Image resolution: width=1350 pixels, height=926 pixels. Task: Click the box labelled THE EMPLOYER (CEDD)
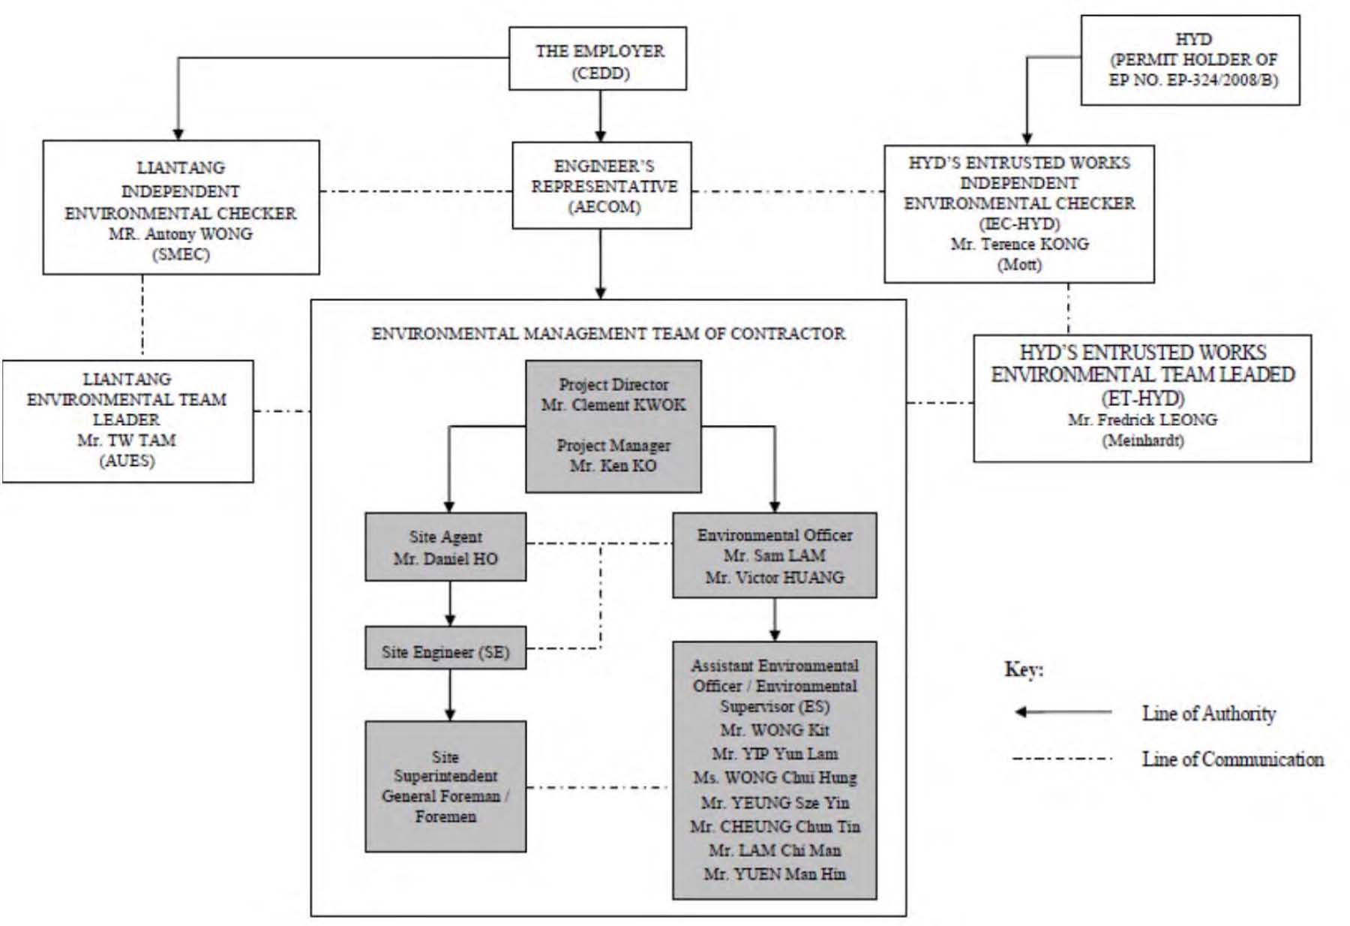(x=598, y=59)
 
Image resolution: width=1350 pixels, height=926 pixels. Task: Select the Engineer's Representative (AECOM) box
(x=601, y=185)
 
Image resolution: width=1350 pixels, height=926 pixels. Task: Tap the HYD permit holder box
(x=1190, y=60)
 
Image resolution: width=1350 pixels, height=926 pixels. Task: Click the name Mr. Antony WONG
(x=181, y=233)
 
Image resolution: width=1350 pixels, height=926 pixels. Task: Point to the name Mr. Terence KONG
(x=1019, y=244)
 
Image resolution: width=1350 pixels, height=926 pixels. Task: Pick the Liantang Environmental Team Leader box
(x=127, y=421)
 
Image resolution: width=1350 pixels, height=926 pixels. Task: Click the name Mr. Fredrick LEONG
(x=1142, y=419)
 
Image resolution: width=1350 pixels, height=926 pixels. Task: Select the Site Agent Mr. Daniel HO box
(x=445, y=547)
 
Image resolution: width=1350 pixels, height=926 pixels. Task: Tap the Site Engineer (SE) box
(x=445, y=648)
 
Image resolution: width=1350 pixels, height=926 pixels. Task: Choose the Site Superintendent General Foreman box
(x=445, y=786)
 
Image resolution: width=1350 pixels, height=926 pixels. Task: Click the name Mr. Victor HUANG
(x=775, y=578)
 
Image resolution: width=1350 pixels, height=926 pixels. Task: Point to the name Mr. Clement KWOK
(x=613, y=405)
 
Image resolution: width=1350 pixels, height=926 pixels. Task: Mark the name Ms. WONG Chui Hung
(x=775, y=778)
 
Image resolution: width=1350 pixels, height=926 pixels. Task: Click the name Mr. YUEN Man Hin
(x=775, y=874)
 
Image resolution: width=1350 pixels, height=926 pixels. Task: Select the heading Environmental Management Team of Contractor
(x=608, y=333)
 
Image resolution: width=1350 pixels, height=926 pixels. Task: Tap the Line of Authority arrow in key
(x=1063, y=712)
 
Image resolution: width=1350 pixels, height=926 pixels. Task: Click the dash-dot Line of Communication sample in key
(x=1063, y=759)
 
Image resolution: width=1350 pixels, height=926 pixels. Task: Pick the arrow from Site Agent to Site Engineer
(x=450, y=603)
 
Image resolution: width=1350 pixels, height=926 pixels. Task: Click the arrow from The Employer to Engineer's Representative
(x=600, y=116)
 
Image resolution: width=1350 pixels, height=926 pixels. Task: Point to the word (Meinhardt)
(x=1142, y=440)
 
